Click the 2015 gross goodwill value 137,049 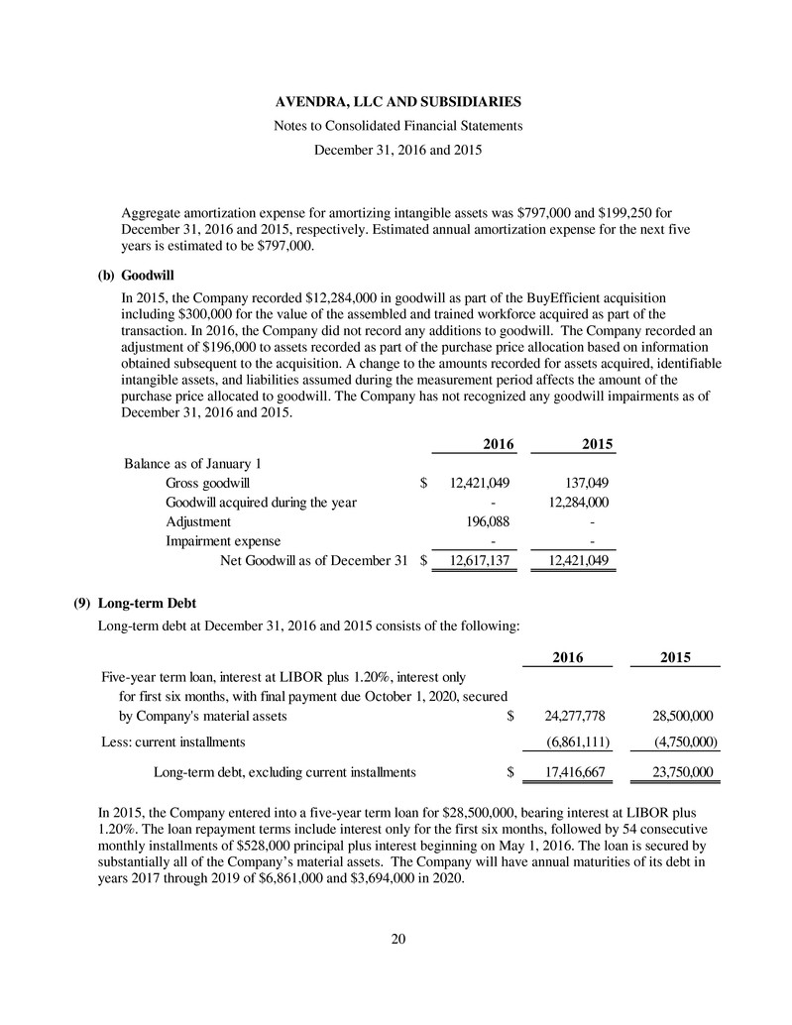(583, 483)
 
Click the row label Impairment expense (223, 541)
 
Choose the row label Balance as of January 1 (186, 464)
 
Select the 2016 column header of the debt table (566, 657)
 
